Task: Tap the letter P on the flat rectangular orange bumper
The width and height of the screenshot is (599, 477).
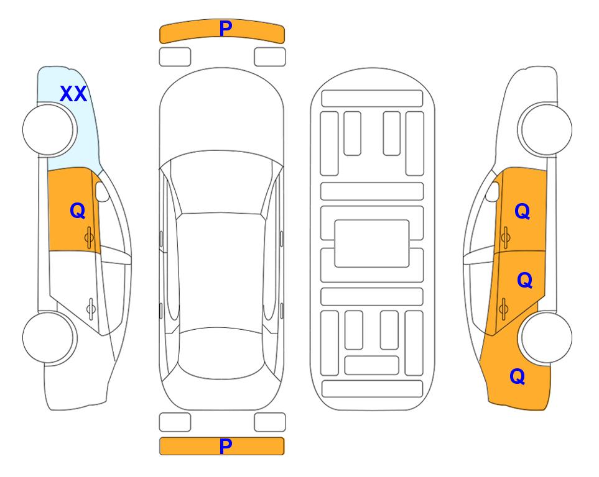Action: coord(225,446)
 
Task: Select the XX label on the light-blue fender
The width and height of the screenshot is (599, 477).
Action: coord(73,94)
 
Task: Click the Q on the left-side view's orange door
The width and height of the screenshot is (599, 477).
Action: coord(78,211)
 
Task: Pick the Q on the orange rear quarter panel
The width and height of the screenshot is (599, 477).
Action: coord(518,376)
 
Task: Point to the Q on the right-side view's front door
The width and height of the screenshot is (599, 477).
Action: coord(522,211)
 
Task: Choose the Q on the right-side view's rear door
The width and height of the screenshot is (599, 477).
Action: coord(524,280)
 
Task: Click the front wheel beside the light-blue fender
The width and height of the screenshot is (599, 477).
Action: coord(50,130)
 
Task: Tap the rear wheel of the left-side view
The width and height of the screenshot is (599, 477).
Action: coord(50,337)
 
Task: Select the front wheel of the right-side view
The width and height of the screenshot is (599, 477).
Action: coord(545,129)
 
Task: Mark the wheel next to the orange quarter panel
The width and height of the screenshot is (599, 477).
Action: coord(545,337)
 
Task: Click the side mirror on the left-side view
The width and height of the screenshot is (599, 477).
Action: coord(102,191)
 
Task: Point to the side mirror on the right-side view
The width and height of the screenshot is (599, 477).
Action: coord(493,191)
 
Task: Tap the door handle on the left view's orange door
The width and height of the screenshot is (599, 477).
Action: coord(90,237)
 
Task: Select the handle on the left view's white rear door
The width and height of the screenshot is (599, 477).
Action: coord(91,308)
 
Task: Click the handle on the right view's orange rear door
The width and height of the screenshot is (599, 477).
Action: coord(503,308)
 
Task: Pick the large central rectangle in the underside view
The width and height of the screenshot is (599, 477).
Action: coord(372,243)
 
